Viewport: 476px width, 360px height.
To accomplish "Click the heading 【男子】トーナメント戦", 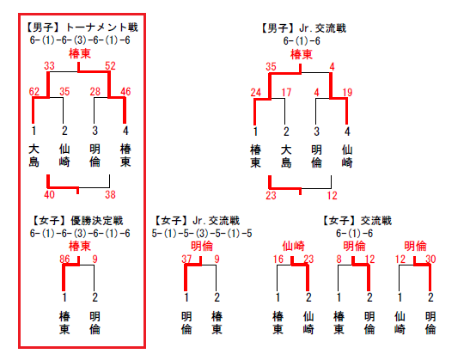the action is (81, 27).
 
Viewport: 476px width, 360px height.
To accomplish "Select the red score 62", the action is (34, 91).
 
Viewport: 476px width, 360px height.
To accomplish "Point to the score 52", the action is (110, 66).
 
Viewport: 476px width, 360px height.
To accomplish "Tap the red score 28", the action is (95, 91).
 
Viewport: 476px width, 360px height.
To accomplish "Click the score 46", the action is (125, 91).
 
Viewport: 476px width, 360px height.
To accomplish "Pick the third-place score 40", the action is (49, 194).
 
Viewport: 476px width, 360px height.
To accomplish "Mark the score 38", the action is (110, 194).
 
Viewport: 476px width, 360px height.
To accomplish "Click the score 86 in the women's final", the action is (64, 259).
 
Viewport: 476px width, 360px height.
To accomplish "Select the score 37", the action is (186, 259).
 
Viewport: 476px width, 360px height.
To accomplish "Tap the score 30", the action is (430, 259).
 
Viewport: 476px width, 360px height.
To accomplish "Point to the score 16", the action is (278, 259).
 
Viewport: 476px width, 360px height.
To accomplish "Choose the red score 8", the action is (339, 259).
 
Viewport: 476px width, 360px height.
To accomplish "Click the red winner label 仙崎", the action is (293, 246).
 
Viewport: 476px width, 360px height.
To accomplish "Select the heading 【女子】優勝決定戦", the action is (77, 221).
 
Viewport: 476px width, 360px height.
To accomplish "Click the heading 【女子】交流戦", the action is (357, 221).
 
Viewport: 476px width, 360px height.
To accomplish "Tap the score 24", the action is (256, 92).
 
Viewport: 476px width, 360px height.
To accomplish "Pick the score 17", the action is (286, 92).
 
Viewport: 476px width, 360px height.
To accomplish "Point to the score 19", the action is (347, 92).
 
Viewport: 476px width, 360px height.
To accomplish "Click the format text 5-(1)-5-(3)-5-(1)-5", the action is (202, 234).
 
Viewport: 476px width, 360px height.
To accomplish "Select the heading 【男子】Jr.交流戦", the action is (303, 28).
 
